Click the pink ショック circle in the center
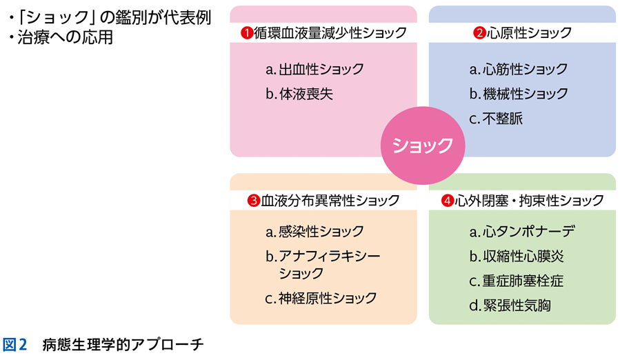[423, 145]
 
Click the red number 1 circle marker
[246, 32]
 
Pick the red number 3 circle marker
[253, 201]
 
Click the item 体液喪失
[299, 94]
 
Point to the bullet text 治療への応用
[61, 37]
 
